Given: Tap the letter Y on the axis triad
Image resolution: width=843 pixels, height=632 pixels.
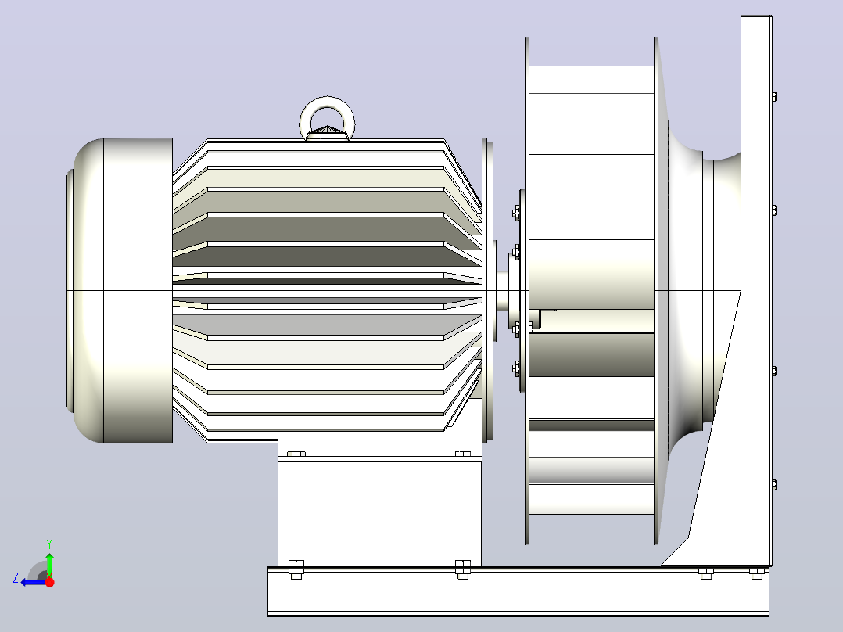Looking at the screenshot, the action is (49, 544).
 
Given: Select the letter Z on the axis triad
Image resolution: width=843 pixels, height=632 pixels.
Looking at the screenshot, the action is (16, 578).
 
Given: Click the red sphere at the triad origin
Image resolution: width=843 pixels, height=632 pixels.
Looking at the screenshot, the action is (49, 582).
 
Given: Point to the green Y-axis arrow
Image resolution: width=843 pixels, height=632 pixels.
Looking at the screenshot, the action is (49, 565).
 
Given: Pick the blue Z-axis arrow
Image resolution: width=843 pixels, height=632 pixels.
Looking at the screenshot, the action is (34, 582).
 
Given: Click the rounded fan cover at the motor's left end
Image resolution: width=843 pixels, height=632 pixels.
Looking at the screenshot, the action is (120, 290).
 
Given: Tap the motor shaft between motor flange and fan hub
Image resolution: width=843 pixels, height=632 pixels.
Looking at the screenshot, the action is (501, 290).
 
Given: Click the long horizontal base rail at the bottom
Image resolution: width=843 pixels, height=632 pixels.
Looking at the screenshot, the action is (518, 591).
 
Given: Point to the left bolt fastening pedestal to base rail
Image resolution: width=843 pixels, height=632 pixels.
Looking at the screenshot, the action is (296, 569).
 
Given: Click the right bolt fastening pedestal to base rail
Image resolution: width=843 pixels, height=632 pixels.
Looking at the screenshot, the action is (463, 569).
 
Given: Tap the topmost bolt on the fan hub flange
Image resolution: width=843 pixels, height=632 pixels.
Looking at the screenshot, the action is (517, 213).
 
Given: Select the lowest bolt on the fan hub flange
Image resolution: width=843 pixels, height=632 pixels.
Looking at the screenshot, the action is (517, 368).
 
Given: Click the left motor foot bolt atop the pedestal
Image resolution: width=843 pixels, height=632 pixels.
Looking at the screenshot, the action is (296, 454).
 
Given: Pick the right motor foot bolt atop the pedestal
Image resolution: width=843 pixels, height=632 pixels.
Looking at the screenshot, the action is (463, 454).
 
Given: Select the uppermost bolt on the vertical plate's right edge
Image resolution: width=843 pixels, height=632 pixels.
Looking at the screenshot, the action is (774, 97).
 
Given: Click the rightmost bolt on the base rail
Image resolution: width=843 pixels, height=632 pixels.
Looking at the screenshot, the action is (756, 573).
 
